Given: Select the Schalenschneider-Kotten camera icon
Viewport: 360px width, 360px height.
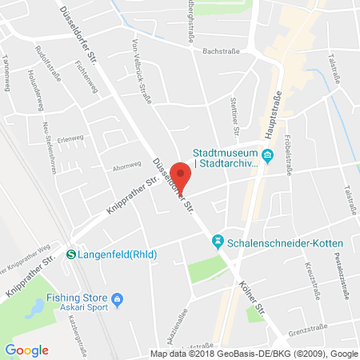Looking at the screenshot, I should pos(216,240).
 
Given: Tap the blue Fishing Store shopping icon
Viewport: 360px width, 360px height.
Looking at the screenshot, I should pos(118,300).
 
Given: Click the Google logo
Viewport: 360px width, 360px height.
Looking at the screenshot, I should pos(26,350).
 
